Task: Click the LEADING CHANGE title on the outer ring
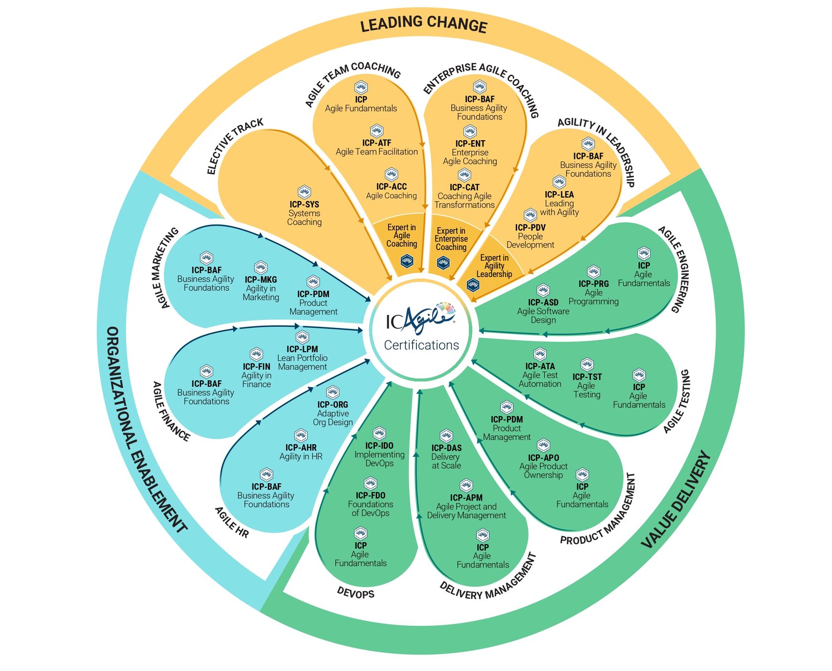(x=423, y=24)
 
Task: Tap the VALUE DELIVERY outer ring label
(x=676, y=500)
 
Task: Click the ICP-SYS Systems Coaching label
(x=304, y=213)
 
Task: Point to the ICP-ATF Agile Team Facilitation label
(x=377, y=147)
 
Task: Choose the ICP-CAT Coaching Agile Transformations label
(x=465, y=196)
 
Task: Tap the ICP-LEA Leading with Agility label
(x=559, y=203)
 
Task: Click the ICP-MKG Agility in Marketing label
(x=261, y=288)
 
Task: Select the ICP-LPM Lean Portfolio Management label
(x=302, y=358)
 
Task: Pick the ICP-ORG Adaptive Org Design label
(x=333, y=413)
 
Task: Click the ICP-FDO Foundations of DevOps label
(x=370, y=504)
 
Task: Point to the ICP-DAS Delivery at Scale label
(x=446, y=456)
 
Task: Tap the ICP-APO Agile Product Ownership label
(x=543, y=466)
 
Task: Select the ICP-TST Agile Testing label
(x=587, y=385)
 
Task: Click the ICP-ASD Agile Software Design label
(x=543, y=310)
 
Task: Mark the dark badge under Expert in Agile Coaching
(x=407, y=260)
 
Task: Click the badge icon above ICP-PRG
(x=593, y=271)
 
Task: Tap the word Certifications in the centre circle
(x=421, y=345)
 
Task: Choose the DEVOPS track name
(x=356, y=592)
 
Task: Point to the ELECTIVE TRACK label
(x=235, y=146)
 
